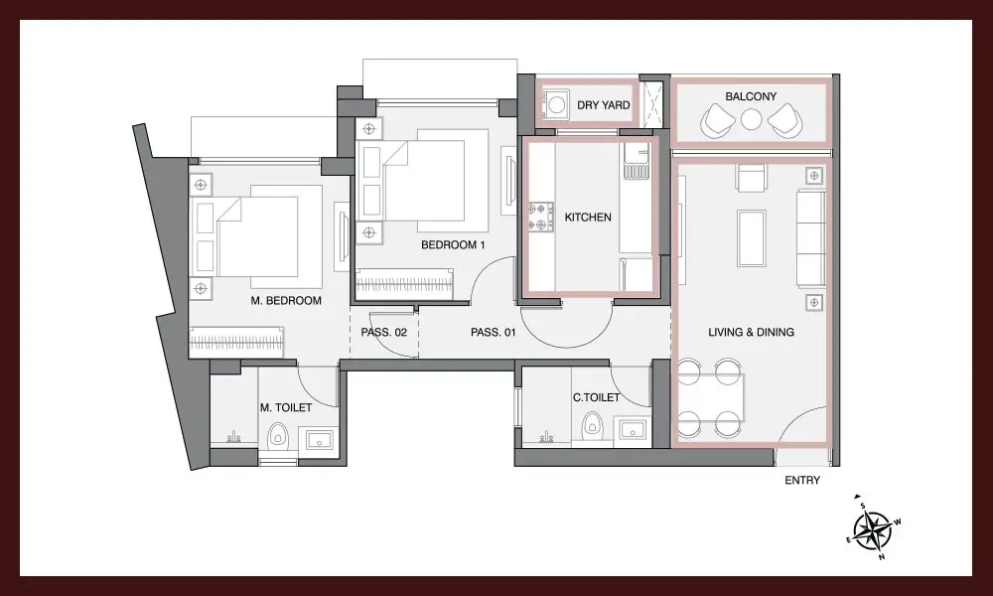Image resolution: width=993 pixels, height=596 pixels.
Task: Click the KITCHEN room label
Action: pyautogui.click(x=588, y=218)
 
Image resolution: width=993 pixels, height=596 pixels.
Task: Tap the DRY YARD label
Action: pyautogui.click(x=604, y=105)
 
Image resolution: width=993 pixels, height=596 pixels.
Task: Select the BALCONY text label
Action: pyautogui.click(x=751, y=97)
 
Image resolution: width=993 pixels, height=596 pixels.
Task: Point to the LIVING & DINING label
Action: pyautogui.click(x=751, y=332)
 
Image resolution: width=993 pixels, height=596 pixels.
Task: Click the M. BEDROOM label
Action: pyautogui.click(x=286, y=301)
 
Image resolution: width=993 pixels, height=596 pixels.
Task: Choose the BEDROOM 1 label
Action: pyautogui.click(x=453, y=245)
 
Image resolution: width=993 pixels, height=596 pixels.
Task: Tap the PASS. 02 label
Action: pyautogui.click(x=383, y=332)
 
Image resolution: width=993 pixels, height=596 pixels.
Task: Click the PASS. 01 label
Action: pyautogui.click(x=494, y=332)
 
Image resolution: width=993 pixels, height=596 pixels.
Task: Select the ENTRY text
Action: pyautogui.click(x=802, y=481)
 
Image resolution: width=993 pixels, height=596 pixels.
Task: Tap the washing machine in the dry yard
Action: pyautogui.click(x=555, y=104)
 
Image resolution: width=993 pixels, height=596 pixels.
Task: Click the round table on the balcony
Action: pyautogui.click(x=751, y=119)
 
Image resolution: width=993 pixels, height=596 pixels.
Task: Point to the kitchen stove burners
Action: pyautogui.click(x=541, y=217)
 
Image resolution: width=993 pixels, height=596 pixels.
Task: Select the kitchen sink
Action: pyautogui.click(x=637, y=161)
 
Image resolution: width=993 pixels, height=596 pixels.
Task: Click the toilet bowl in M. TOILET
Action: pyautogui.click(x=277, y=436)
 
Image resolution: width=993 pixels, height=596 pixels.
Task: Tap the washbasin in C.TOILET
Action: pyautogui.click(x=633, y=430)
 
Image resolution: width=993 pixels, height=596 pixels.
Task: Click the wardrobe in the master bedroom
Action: pyautogui.click(x=236, y=342)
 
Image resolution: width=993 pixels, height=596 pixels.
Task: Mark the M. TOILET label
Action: pyautogui.click(x=286, y=408)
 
